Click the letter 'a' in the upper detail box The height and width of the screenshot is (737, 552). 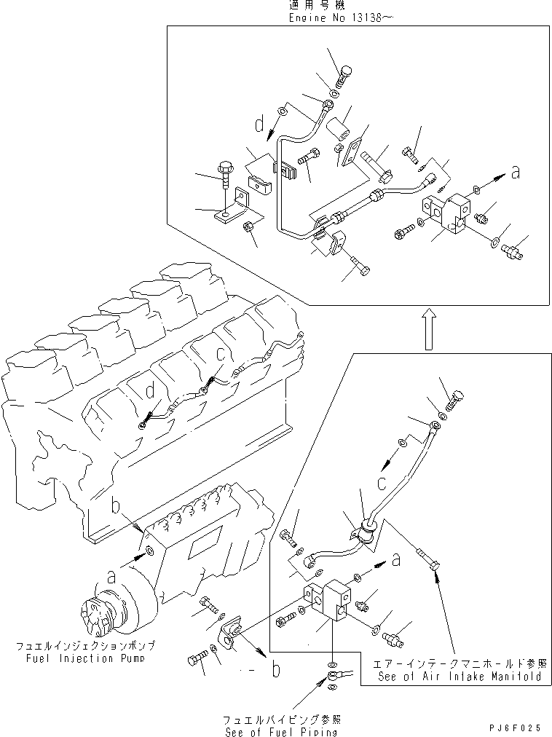pyautogui.click(x=516, y=173)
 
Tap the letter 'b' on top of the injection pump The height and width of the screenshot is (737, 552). pyautogui.click(x=114, y=505)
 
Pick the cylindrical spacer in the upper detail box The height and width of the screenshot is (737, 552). pyautogui.click(x=338, y=130)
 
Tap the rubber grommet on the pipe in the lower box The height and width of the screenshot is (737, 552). pyautogui.click(x=366, y=533)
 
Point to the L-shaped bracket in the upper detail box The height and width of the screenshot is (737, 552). pyautogui.click(x=233, y=210)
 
